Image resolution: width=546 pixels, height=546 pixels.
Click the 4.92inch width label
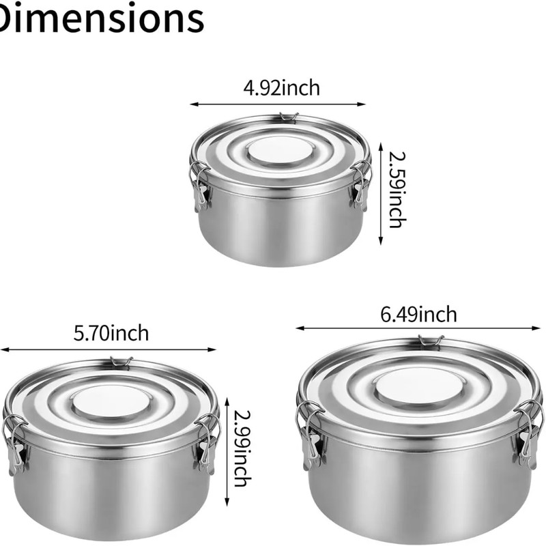point(281,88)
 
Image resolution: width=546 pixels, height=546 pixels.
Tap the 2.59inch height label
point(397,190)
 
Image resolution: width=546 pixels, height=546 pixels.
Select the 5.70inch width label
point(111,333)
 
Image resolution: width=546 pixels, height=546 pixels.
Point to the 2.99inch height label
point(242,449)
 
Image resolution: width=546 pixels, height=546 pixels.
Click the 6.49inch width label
point(418,315)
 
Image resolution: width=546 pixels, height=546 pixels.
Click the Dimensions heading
point(101,18)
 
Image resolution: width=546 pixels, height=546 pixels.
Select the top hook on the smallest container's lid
point(289,117)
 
